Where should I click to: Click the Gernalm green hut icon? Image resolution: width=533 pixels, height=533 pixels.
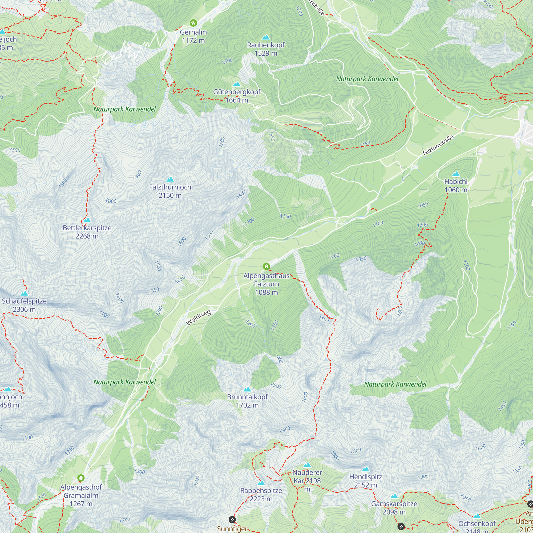pos(193,23)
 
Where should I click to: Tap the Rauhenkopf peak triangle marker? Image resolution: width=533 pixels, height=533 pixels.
pos(266,37)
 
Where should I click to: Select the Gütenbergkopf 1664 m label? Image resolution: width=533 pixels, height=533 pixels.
pos(237,96)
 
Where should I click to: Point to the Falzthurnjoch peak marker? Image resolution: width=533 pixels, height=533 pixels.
pos(170,180)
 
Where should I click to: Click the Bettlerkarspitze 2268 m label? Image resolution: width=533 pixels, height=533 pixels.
pos(87,232)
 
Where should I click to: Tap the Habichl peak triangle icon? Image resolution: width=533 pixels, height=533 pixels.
pos(456,174)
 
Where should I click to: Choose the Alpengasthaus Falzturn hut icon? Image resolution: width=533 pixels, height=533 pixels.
pos(266,266)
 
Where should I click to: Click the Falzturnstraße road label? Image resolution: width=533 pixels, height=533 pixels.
pos(438,145)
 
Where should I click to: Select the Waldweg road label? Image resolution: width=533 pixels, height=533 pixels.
pos(198,317)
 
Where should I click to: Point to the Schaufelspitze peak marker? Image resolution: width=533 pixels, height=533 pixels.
pos(24,293)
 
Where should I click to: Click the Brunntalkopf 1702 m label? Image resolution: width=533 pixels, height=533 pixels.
pos(247,401)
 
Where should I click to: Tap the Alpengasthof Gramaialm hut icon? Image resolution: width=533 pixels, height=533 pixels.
pos(81,478)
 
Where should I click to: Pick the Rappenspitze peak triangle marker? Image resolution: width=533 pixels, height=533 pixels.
pos(261,483)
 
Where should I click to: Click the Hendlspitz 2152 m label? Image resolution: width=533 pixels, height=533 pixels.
pos(366,480)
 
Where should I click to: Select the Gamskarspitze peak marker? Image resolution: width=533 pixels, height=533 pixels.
pos(394,496)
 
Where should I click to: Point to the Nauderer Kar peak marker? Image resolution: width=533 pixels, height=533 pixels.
pos(307,465)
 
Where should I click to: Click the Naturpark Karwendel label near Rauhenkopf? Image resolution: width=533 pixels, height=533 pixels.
pos(367,79)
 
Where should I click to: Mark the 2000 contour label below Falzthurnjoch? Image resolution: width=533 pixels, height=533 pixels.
pos(111,201)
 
